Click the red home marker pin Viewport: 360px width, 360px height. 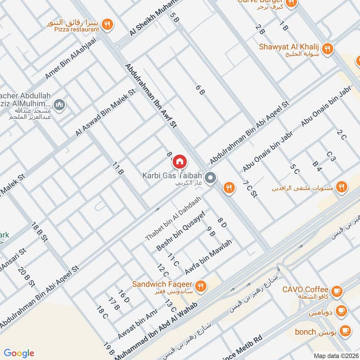(x=180, y=161)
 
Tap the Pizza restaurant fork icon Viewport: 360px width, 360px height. (x=107, y=25)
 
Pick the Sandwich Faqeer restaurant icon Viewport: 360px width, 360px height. (x=201, y=286)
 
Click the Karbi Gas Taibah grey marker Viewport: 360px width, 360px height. (x=210, y=179)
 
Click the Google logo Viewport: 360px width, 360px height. (x=18, y=353)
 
